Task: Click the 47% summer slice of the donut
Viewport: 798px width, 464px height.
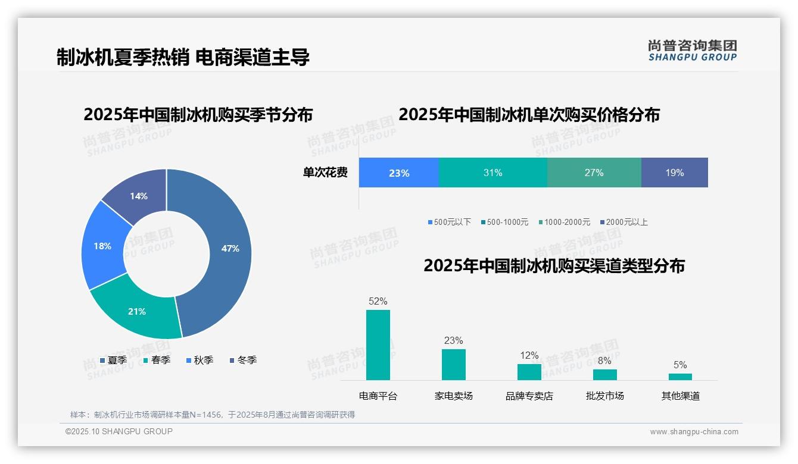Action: tap(229, 249)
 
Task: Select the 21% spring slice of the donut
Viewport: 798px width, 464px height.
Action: tap(137, 311)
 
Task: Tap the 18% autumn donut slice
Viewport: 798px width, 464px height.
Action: tap(103, 246)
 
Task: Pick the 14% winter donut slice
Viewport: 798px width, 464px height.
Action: tap(139, 196)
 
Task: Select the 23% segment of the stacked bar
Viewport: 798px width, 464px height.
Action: tap(399, 173)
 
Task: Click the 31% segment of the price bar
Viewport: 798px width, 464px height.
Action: tap(492, 173)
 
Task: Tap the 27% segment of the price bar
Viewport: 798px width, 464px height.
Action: tap(594, 173)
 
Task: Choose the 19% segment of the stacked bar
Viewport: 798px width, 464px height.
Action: tap(674, 173)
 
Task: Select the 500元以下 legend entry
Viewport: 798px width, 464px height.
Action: tap(449, 222)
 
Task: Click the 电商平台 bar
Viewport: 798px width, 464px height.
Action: tap(378, 345)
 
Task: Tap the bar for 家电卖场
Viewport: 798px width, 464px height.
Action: tap(454, 364)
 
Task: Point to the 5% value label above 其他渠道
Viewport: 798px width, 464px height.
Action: tap(680, 365)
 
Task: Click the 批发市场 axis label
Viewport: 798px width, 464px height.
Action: tap(604, 396)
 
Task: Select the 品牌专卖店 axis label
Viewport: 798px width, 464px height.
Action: tap(529, 396)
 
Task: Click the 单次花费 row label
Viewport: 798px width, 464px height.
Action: tap(325, 173)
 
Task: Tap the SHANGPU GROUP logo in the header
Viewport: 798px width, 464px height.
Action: tap(692, 51)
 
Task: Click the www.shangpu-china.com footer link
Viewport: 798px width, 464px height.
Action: tap(694, 432)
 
